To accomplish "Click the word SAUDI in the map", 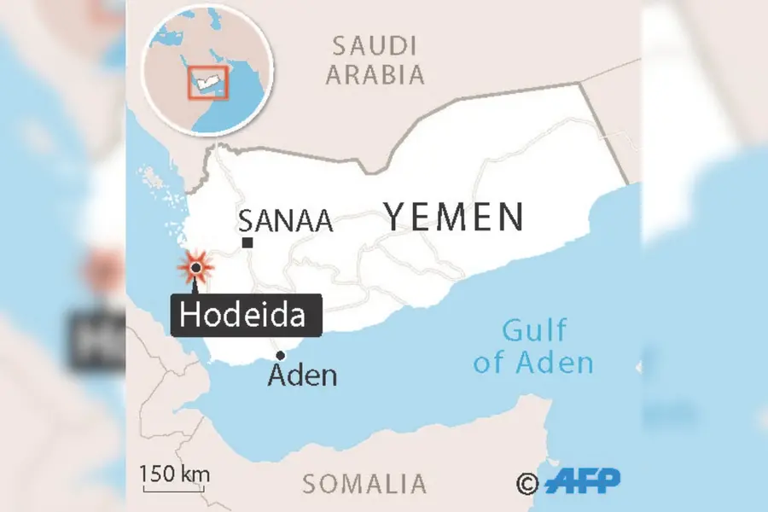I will (374, 45).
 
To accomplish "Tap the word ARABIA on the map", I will (375, 74).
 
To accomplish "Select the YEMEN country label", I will (453, 217).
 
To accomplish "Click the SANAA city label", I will (285, 221).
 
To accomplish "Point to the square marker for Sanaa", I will (247, 243).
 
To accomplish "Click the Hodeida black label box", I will (247, 315).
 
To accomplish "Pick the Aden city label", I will (302, 375).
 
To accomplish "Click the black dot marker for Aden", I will (279, 356).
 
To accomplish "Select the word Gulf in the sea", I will (533, 329).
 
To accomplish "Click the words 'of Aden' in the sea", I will (533, 362).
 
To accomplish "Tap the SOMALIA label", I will (364, 484).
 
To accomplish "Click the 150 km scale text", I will (175, 474).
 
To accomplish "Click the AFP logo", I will (583, 481).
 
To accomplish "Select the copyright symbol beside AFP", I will (527, 484).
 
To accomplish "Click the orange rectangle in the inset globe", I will (207, 82).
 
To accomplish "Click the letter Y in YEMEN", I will (396, 217).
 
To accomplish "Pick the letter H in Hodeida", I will (190, 316).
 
